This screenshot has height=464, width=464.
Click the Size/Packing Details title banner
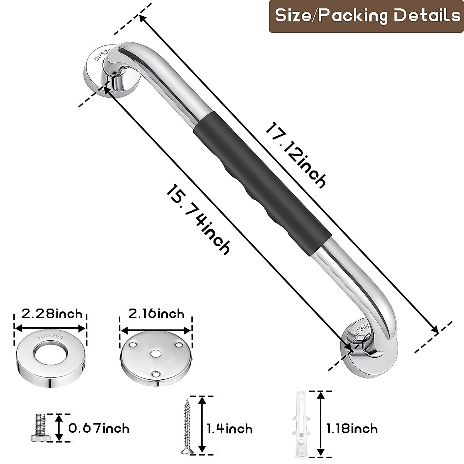[x=367, y=16]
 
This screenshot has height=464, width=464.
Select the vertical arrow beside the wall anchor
[x=320, y=424]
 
